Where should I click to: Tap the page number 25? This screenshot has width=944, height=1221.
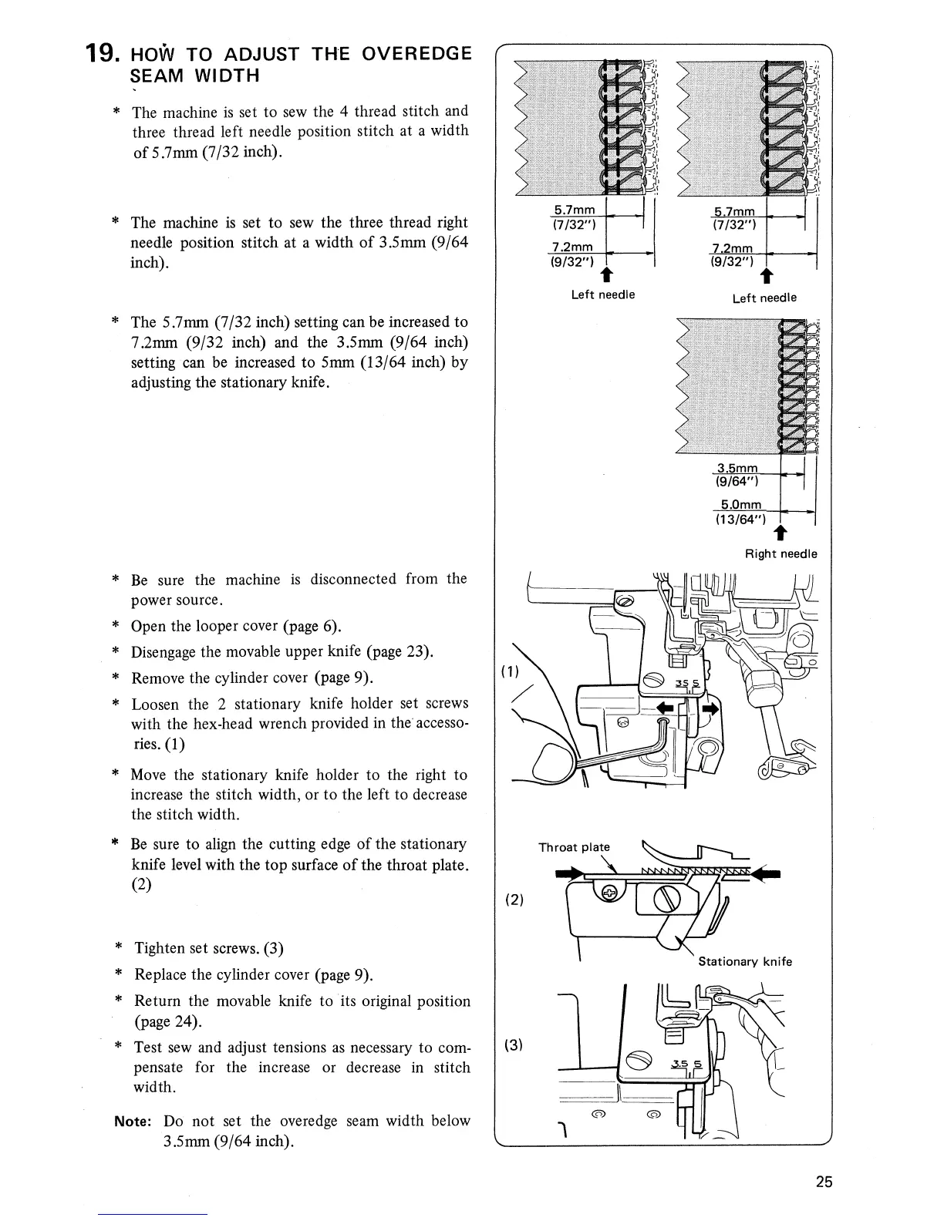(824, 1182)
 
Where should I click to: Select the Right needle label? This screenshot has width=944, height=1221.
(780, 553)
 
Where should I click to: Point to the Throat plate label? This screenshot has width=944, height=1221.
(568, 847)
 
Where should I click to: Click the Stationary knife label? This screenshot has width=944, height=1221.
(744, 961)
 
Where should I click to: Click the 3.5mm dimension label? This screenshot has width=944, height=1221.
(737, 468)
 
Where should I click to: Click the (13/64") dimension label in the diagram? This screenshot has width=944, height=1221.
(740, 519)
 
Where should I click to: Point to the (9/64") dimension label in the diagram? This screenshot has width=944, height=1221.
(737, 482)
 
